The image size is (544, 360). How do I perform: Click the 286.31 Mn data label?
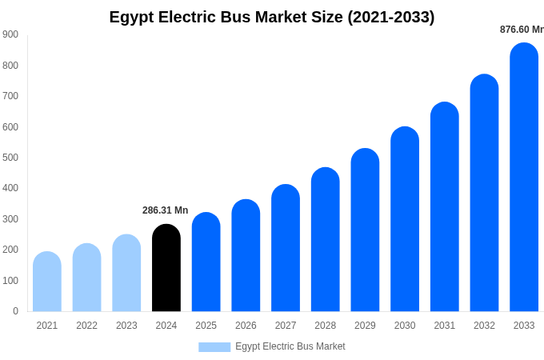[x=166, y=210]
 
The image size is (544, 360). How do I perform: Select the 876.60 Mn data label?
[x=522, y=30]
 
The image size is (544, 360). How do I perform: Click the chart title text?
[x=272, y=17]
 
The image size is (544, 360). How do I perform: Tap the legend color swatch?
[x=214, y=346]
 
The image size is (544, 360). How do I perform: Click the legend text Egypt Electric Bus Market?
[x=290, y=346]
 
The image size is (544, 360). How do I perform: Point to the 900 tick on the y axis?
[x=10, y=34]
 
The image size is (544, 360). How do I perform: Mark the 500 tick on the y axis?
[x=10, y=158]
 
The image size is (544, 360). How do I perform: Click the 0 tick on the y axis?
[x=15, y=311]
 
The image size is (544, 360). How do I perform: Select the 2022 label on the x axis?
[x=86, y=326]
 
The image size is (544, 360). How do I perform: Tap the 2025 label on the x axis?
[x=206, y=326]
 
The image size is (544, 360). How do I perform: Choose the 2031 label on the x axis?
[x=445, y=326]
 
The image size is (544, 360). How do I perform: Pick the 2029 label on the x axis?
[x=365, y=326]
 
